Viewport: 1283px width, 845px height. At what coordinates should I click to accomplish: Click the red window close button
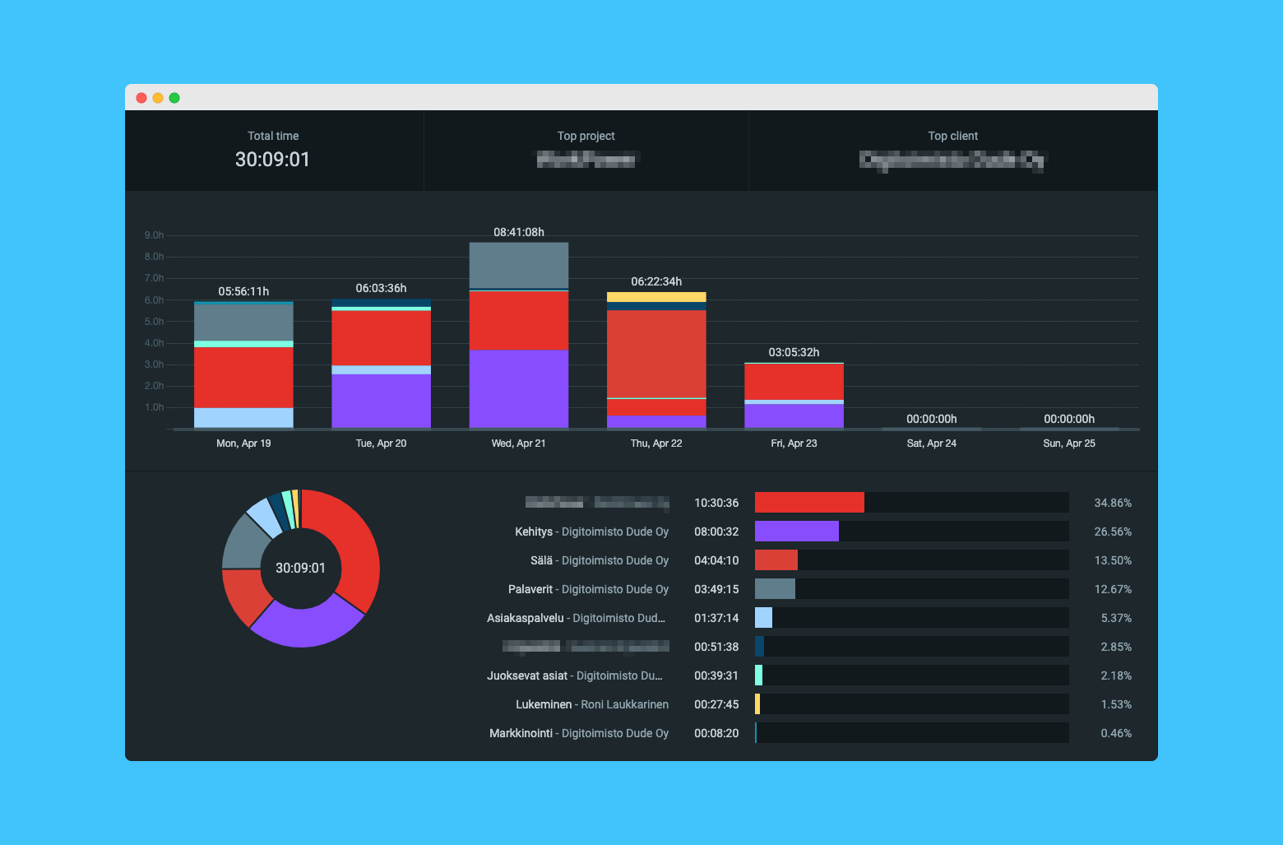(x=141, y=98)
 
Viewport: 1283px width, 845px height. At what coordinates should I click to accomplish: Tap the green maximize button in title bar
(x=174, y=98)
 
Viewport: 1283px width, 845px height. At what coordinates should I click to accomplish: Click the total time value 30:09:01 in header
(x=272, y=160)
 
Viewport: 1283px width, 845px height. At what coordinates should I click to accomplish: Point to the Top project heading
(x=586, y=136)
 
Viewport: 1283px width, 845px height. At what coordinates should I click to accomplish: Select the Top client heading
(x=952, y=136)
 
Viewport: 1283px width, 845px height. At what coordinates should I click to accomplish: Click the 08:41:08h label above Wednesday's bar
(x=518, y=232)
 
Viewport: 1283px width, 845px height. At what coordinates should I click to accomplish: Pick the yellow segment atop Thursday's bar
(x=656, y=297)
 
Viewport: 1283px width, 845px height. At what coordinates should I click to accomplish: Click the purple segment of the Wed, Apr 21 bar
(x=518, y=388)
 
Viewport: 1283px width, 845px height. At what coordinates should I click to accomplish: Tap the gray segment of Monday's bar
(x=243, y=323)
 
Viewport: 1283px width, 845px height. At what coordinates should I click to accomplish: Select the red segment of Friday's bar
(x=794, y=382)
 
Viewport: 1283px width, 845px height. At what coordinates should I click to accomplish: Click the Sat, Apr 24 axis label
(x=931, y=443)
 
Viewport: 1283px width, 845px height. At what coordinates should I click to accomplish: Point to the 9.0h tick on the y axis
(x=154, y=235)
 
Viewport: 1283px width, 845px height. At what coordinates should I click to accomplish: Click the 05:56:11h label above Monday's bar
(x=243, y=291)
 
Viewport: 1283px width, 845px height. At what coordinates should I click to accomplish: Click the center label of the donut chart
(x=300, y=568)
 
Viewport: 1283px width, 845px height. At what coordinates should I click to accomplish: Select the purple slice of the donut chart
(x=304, y=625)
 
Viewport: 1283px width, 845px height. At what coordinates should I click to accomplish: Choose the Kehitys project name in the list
(x=534, y=532)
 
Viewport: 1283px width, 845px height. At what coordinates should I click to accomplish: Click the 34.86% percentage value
(x=1112, y=503)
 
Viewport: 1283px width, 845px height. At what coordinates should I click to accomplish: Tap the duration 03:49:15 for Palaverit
(x=716, y=589)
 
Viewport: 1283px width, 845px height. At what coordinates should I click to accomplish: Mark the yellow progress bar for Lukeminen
(x=757, y=704)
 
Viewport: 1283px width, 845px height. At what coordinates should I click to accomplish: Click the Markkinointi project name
(x=521, y=733)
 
